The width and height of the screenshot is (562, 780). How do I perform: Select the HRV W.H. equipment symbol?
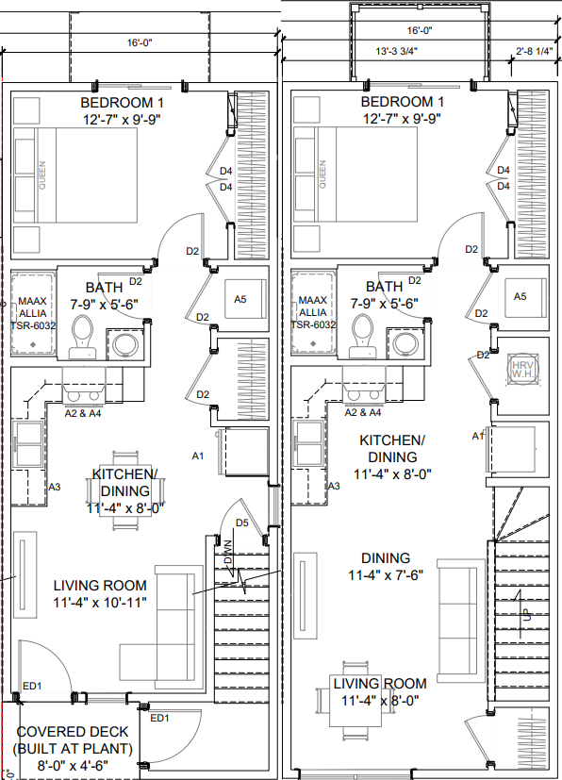coord(521,367)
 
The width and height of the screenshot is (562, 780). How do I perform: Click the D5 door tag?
coord(242,522)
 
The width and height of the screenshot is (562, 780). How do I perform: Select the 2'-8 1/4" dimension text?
coord(534,52)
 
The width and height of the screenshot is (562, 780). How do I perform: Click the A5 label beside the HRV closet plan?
coord(520,296)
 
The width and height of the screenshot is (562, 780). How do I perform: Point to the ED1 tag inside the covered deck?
coord(159,719)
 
